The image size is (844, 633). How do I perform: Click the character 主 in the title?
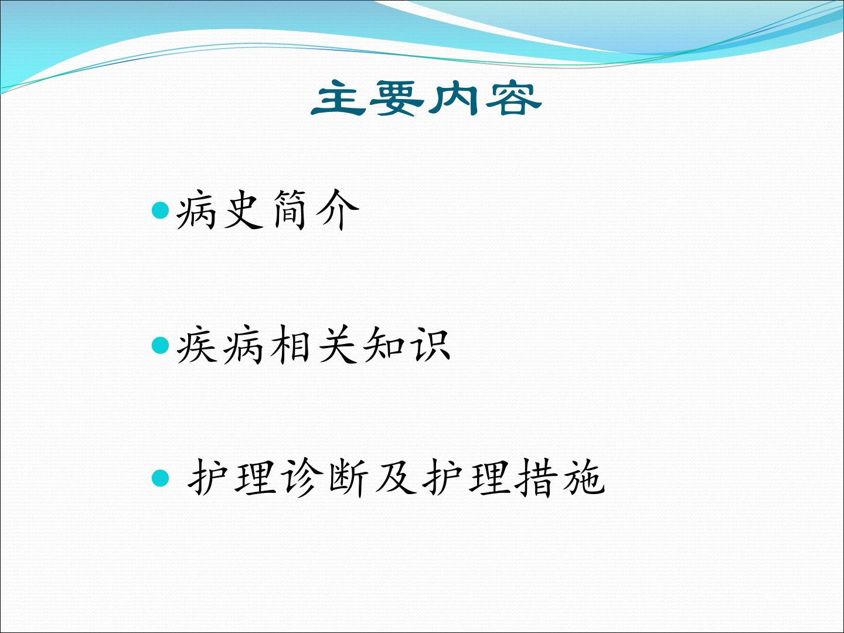(x=338, y=98)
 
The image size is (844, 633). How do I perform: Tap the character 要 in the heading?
(x=396, y=98)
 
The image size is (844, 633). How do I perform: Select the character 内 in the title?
(x=454, y=98)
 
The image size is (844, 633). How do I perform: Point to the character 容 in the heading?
(x=513, y=98)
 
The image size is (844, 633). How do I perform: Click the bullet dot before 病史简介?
(x=161, y=210)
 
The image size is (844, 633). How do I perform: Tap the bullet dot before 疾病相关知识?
(x=161, y=345)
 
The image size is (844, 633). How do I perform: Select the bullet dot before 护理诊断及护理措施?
(x=161, y=478)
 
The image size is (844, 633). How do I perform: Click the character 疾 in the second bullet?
(x=197, y=345)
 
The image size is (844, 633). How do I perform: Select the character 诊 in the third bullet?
(x=302, y=478)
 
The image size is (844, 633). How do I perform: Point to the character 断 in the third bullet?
(x=348, y=478)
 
